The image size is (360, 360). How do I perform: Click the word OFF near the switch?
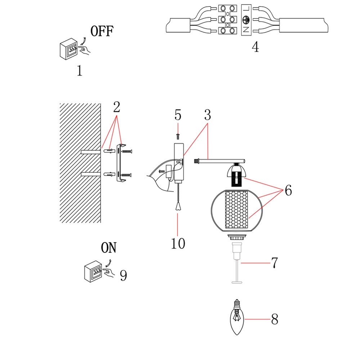click(102, 31)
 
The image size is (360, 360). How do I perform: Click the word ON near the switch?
click(109, 248)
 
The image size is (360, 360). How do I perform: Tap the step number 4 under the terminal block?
click(255, 47)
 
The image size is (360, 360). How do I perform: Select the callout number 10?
click(178, 243)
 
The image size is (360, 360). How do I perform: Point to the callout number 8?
click(275, 319)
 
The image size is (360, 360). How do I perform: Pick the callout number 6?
click(288, 190)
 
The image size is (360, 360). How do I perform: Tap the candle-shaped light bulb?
click(237, 317)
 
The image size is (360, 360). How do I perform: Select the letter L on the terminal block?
click(246, 9)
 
